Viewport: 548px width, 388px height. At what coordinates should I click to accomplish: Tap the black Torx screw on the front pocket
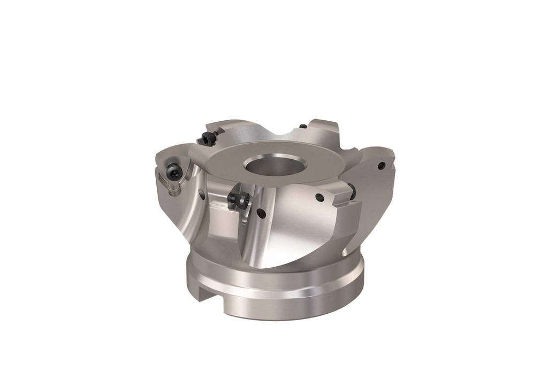tap(239, 200)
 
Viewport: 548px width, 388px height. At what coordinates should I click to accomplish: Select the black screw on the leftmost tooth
tap(174, 172)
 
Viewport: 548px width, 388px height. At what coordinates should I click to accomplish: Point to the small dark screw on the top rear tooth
tap(303, 127)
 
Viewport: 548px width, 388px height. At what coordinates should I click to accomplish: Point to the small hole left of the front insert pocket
tap(201, 193)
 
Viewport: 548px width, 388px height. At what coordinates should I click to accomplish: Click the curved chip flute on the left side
tap(182, 214)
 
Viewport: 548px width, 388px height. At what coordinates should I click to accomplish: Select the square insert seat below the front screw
tap(227, 219)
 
